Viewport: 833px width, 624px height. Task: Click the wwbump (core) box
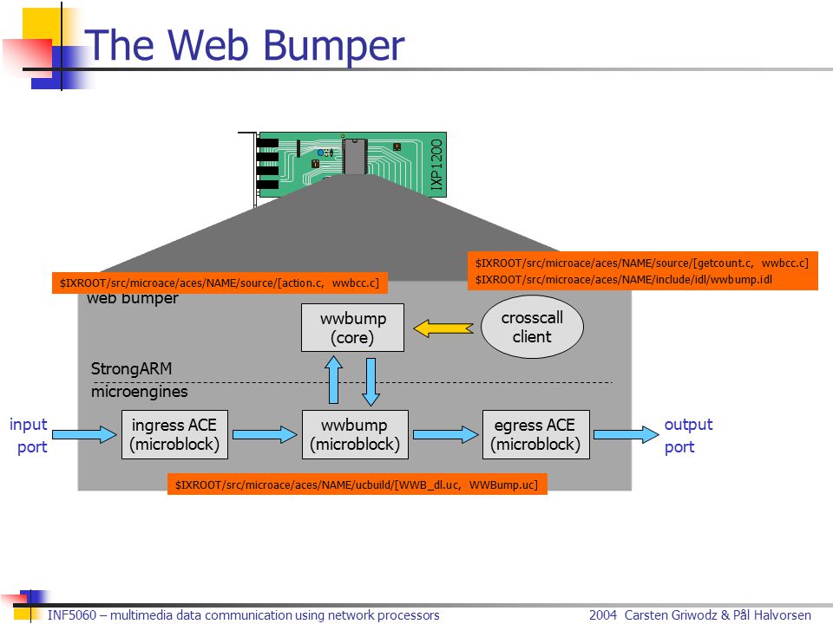[x=352, y=328]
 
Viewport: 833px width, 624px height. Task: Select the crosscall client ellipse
[x=532, y=327]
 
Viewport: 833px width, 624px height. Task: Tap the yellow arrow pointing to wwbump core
[x=443, y=328]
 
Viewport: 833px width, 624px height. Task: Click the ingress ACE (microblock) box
[x=174, y=434]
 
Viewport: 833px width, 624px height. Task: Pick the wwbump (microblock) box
[x=355, y=434]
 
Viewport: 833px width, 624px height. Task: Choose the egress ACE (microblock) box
[x=535, y=434]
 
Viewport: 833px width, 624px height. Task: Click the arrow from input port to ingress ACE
[x=84, y=434]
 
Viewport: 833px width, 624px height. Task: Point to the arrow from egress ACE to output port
[x=626, y=434]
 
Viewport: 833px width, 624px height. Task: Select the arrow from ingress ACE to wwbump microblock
[x=266, y=434]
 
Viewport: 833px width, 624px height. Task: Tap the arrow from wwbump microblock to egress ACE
[x=446, y=434]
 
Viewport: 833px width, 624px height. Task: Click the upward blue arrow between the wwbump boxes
[x=333, y=380]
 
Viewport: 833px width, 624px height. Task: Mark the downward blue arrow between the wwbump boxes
[x=371, y=381]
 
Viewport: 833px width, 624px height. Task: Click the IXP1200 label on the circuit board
[x=436, y=165]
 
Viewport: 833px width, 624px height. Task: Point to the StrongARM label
[x=131, y=369]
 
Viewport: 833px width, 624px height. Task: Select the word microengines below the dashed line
[x=139, y=392]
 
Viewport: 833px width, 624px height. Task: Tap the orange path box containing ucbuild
[x=357, y=484]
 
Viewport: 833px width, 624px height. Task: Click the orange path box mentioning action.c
[x=220, y=283]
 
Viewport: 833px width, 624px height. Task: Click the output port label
[x=688, y=435]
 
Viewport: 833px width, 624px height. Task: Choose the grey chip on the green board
[x=355, y=156]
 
